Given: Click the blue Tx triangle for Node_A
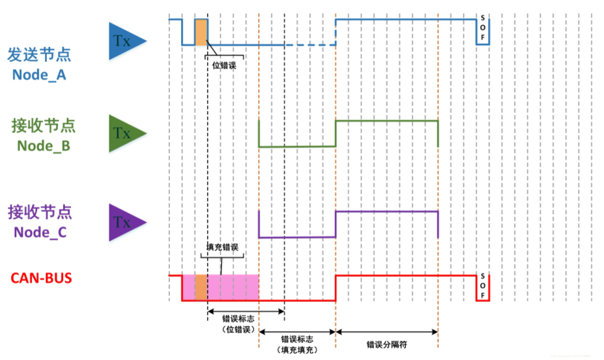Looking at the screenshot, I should [x=125, y=41].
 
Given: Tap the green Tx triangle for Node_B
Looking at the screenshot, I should [x=125, y=133].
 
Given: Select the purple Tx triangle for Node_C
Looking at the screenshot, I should [x=125, y=222].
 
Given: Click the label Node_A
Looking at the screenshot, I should [x=38, y=75].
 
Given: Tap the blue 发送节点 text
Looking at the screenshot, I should [x=39, y=54].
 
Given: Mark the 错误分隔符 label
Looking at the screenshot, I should [x=386, y=345].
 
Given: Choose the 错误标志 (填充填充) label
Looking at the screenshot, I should [x=297, y=344].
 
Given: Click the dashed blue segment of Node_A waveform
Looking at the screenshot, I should [x=309, y=45].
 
